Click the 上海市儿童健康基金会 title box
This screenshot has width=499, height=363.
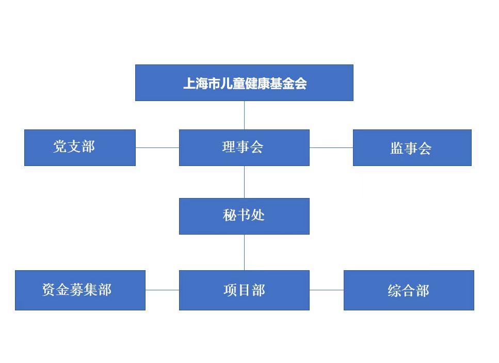point(244,82)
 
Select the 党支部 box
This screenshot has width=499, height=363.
point(79,147)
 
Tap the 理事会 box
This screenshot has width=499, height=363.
point(244,147)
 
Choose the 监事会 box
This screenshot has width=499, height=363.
point(412,147)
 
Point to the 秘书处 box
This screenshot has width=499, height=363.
point(244,216)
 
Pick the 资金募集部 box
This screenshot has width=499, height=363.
point(80,290)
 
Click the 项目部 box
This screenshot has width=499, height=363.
point(244,290)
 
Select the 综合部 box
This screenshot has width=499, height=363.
point(409,290)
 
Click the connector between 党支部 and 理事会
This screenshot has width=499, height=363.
point(157,147)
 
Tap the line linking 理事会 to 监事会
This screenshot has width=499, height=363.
point(331,147)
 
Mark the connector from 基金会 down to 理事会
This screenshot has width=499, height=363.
point(245,115)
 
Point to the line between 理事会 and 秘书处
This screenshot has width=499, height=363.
point(245,182)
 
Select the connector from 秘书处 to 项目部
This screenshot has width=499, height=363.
point(245,252)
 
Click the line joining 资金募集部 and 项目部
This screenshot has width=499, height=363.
point(162,290)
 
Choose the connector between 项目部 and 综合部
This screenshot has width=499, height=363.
point(327,290)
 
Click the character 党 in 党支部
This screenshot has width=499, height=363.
point(60,147)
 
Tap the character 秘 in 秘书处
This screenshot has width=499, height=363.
point(230,216)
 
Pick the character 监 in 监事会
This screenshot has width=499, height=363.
point(397,149)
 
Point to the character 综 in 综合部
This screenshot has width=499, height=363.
point(395,291)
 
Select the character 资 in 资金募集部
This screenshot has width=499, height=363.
point(49,290)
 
